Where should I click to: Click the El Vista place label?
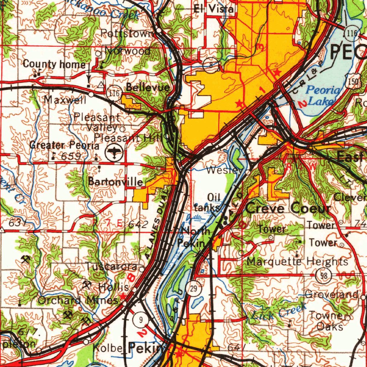coord(214,9)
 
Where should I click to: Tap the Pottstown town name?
coord(128,34)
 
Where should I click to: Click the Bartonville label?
coord(115,182)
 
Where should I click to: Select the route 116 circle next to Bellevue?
coord(114,92)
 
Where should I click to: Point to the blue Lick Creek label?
coord(279,311)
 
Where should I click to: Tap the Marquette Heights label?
coord(297,262)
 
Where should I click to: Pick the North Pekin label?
coord(194,237)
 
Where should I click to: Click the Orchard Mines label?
coord(78,300)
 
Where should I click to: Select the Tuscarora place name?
coord(111,267)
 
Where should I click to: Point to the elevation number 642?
coord(138,225)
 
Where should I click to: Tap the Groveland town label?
coord(331,295)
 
